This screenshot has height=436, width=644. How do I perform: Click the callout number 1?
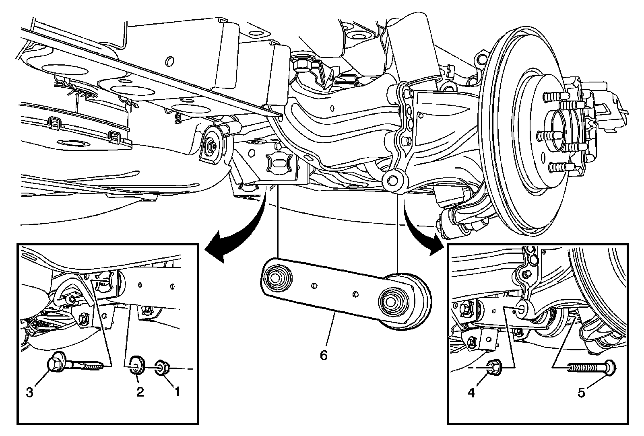click(x=175, y=391)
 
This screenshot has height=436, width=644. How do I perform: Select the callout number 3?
click(x=29, y=393)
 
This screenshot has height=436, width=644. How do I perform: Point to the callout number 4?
click(x=471, y=392)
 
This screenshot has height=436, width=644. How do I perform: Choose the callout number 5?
click(x=581, y=392)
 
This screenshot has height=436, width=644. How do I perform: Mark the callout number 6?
click(x=324, y=355)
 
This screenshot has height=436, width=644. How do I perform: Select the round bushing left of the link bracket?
click(x=211, y=145)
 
